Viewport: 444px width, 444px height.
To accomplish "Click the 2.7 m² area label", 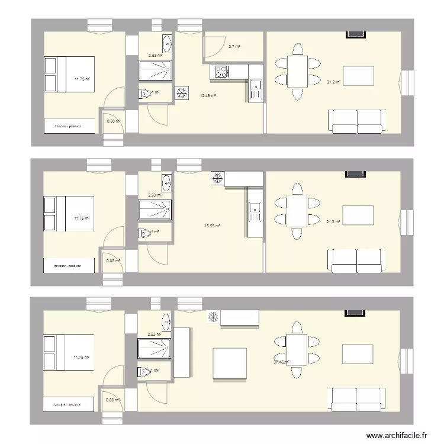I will pos(234,46).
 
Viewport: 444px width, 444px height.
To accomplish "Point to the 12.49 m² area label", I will pos(207,95).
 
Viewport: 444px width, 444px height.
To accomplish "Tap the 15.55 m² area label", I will pos(212,226).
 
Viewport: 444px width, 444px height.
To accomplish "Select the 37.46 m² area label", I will pos(281,362).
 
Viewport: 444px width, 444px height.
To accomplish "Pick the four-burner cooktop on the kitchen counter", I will pos(221,72).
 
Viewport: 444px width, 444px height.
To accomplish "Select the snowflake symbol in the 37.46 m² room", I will pos(213,318).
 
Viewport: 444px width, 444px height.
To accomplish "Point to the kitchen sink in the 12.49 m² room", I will pos(256,89).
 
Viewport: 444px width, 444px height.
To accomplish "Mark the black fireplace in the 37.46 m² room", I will pos(355,312).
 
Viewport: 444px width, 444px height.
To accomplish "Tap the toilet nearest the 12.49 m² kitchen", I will pos(146,94).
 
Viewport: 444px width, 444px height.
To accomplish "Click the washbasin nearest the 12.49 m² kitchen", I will pos(167,43).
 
